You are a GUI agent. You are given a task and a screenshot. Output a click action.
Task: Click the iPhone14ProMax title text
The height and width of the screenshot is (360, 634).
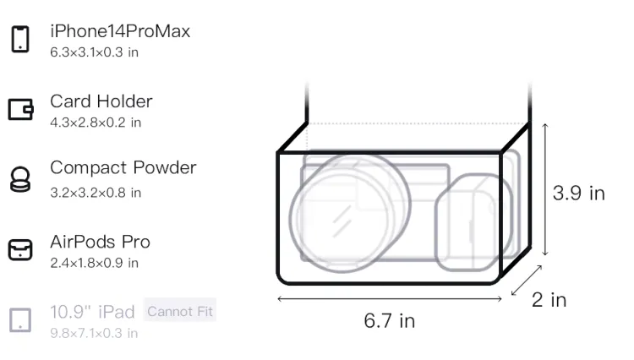120,31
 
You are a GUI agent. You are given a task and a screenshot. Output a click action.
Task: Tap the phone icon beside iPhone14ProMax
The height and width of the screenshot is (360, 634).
20,39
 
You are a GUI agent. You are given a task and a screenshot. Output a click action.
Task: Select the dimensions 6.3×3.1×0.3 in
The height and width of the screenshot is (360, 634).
94,52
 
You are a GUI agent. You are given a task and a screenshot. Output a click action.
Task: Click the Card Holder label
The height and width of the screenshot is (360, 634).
101,101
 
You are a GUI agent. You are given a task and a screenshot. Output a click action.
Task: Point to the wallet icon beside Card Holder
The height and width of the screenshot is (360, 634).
20,109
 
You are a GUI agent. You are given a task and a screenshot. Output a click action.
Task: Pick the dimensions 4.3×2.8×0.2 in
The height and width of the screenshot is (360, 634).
96,123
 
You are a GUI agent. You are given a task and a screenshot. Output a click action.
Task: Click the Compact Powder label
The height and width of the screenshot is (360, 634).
123,167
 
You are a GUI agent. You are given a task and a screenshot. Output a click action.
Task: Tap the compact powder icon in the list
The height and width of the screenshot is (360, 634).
20,179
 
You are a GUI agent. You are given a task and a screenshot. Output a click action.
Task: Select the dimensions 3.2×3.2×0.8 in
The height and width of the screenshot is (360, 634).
96,193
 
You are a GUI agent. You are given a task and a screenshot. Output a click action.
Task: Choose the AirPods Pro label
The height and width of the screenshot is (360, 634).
101,242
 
